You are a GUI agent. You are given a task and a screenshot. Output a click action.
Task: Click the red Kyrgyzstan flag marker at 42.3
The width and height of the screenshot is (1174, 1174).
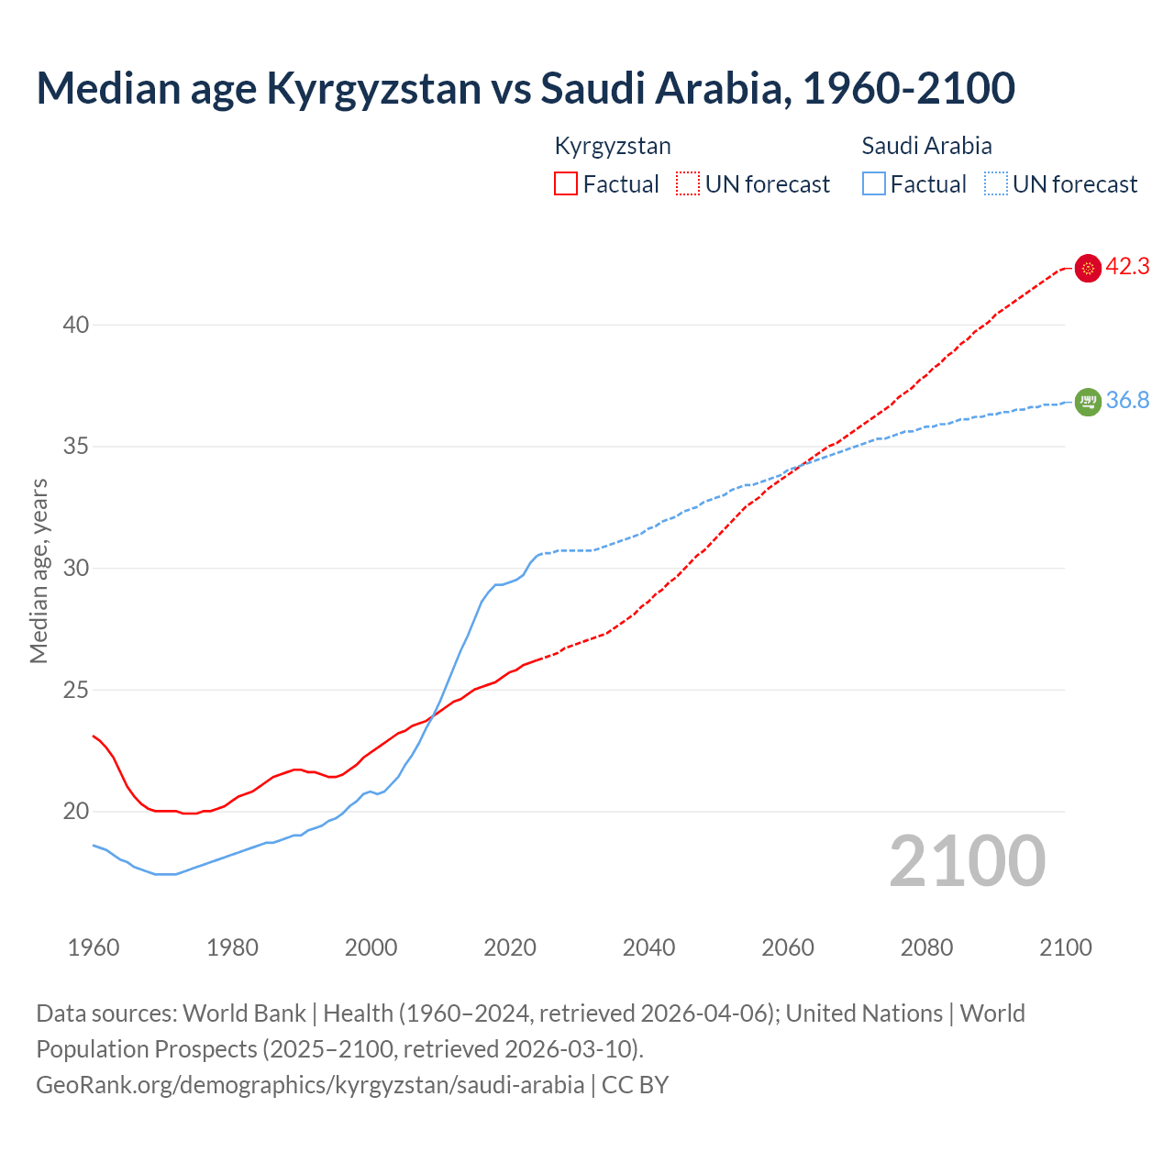pos(1088,268)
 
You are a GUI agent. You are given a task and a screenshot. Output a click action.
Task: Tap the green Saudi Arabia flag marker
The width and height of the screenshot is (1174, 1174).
pos(1088,402)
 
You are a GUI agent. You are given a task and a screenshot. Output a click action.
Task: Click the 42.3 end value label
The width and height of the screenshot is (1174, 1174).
pos(1127,267)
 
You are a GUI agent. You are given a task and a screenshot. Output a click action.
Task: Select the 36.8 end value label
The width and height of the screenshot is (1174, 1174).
pos(1127,401)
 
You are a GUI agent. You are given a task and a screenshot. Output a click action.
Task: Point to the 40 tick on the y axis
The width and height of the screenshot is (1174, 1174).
pos(76,325)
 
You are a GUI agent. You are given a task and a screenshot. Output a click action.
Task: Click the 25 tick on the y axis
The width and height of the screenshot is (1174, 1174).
pos(76,690)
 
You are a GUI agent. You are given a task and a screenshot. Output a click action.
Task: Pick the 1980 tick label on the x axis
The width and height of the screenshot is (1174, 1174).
pos(232,947)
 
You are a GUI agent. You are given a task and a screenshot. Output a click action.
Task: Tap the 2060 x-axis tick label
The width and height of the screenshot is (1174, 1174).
pos(788,947)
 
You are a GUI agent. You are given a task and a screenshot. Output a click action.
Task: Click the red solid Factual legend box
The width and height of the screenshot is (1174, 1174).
pos(566,184)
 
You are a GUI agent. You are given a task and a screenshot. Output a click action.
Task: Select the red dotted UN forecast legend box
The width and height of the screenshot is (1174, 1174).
pos(688,184)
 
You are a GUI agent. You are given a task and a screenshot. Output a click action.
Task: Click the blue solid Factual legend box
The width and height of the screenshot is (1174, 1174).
pos(874,184)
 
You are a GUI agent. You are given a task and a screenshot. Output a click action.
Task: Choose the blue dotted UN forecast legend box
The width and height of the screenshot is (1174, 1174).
pos(996,184)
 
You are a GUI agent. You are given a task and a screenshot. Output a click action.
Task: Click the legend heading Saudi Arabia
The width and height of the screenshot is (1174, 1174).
pos(926,146)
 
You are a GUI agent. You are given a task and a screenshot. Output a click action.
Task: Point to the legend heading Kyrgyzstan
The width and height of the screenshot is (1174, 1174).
pos(613,146)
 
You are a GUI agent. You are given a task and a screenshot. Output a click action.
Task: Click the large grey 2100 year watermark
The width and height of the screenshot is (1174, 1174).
pos(967,861)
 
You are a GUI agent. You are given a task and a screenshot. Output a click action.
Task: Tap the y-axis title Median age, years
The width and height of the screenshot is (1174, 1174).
pos(39,570)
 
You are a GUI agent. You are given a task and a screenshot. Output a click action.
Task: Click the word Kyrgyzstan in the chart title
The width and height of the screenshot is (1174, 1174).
pos(373,88)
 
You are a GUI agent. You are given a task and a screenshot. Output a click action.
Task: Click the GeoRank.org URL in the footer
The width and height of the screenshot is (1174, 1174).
pos(310,1085)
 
